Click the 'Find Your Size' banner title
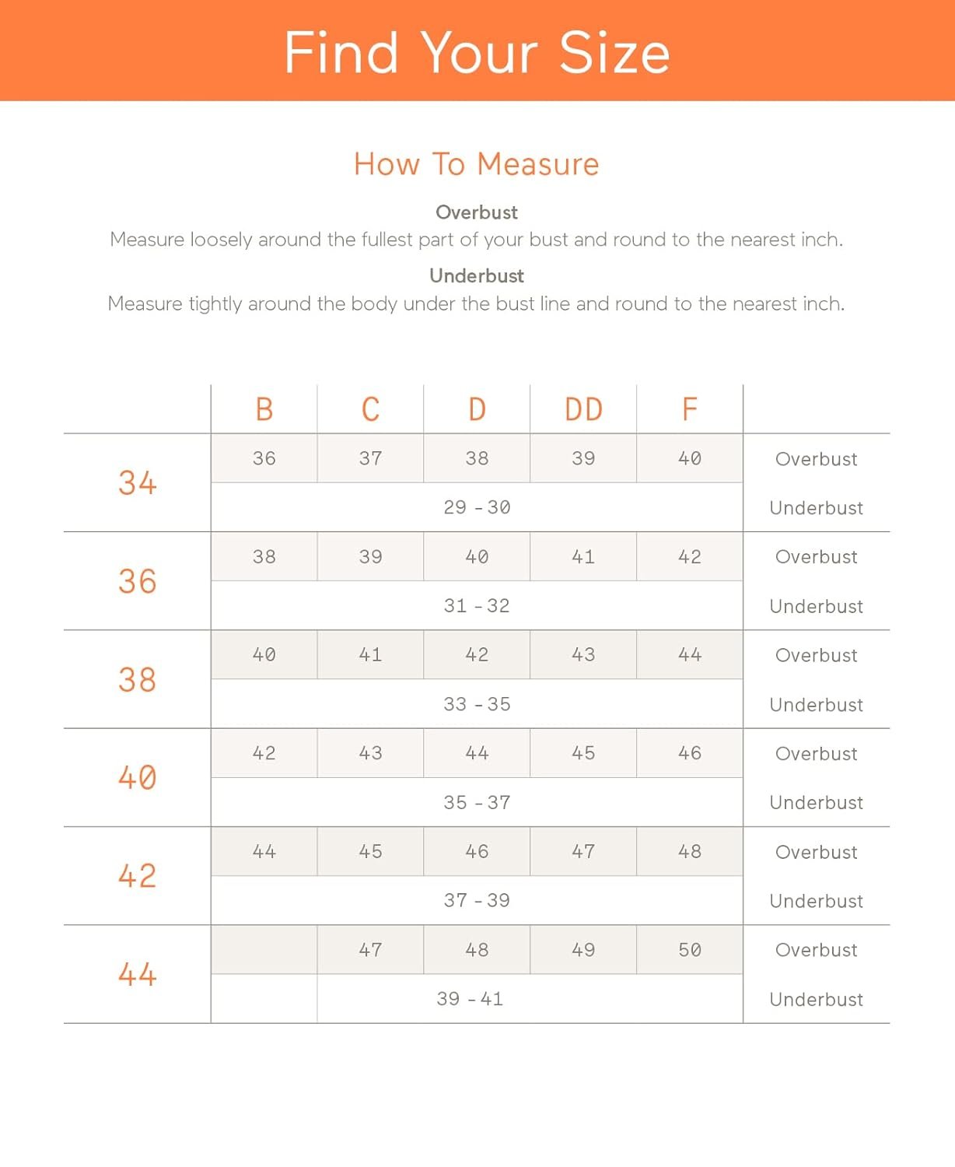point(477,52)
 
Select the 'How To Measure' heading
point(477,164)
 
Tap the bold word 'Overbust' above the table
point(477,212)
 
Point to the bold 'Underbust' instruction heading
point(477,275)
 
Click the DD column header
point(583,409)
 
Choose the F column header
point(689,409)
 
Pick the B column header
point(264,409)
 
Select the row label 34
point(138,483)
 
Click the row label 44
point(138,974)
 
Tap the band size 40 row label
point(138,777)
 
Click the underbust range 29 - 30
point(477,507)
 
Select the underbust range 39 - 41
point(470,999)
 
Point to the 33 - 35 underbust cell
point(477,704)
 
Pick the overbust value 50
point(690,950)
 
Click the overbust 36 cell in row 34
point(264,458)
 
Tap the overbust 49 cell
point(583,950)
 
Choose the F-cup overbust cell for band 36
point(690,557)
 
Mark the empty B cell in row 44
point(264,950)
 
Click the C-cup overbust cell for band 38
point(370,655)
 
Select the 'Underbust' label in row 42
point(816,901)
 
